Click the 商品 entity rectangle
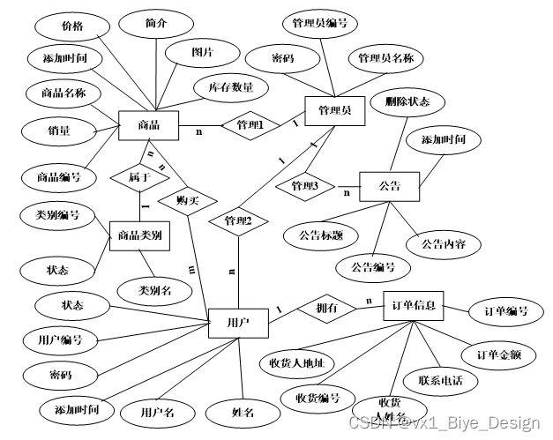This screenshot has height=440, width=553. pyautogui.click(x=148, y=124)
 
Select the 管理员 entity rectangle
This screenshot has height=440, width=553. pyautogui.click(x=334, y=109)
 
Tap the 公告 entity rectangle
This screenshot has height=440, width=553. pyautogui.click(x=390, y=186)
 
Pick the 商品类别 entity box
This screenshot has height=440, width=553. pyautogui.click(x=139, y=235)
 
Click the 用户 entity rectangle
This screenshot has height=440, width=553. pyautogui.click(x=237, y=323)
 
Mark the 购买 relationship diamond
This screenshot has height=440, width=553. pyautogui.click(x=187, y=199)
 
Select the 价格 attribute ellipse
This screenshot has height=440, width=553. pyautogui.click(x=73, y=26)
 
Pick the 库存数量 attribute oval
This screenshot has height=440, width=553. pyautogui.click(x=231, y=87)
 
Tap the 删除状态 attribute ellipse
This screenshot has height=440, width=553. pyautogui.click(x=407, y=101)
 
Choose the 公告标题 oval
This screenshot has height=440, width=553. pyautogui.click(x=321, y=235)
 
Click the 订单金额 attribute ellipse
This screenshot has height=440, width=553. pyautogui.click(x=498, y=354)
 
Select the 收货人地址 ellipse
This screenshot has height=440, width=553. pyautogui.click(x=296, y=362)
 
